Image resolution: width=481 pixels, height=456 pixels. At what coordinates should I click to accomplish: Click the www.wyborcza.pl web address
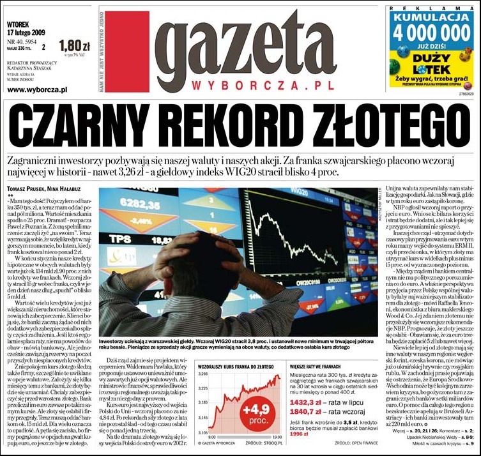pos(37,90)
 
